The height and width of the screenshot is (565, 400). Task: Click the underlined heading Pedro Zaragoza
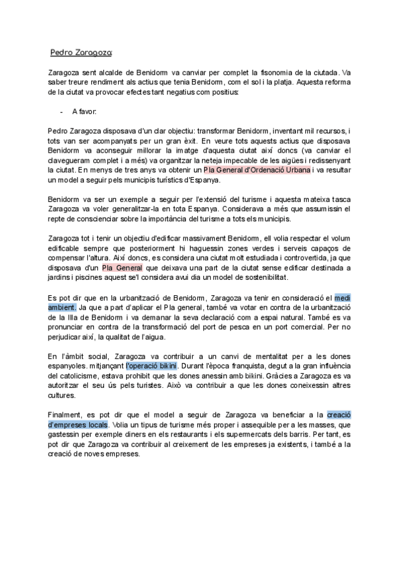coord(82,52)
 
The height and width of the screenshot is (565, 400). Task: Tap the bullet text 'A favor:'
coord(84,111)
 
